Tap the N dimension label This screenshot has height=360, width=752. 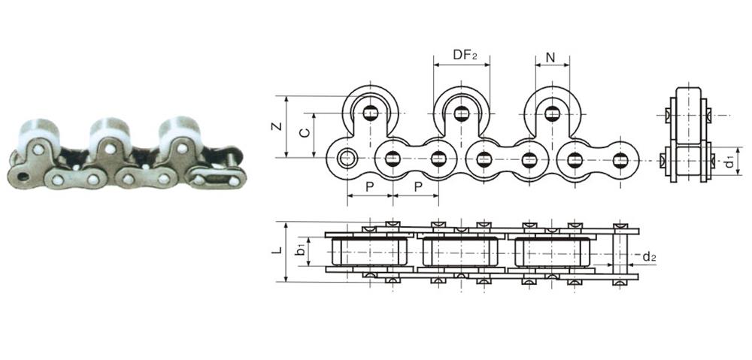pos(550,56)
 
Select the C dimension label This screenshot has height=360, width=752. pos(303,133)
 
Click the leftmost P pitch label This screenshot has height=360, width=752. pos(369,186)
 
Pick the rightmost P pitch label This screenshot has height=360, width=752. pos(415,186)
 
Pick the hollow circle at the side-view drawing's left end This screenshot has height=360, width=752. pos(347,159)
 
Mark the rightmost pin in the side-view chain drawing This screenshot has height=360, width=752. pos(620,159)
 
